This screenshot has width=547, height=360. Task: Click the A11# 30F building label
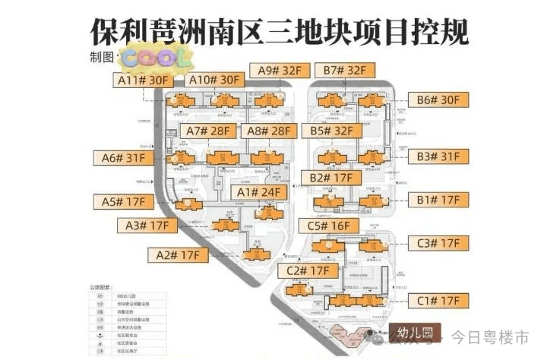pos(143,80)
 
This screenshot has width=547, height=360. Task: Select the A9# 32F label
pos(280,71)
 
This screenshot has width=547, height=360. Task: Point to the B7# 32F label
pos(345,71)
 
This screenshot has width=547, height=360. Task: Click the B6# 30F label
pos(438,100)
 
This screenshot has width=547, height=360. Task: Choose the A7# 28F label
pos(207,131)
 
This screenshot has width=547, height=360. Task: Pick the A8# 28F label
pos(269,131)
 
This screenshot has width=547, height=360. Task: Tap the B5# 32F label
pos(331,131)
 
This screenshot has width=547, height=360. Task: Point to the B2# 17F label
pos(331,178)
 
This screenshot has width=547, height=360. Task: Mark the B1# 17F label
pos(438,200)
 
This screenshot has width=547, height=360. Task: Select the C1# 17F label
pos(438,301)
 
